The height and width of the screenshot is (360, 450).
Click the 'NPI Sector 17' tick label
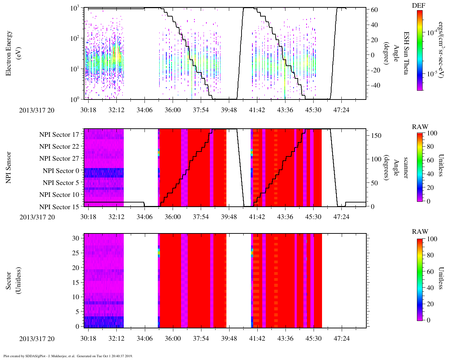pyautogui.click(x=59, y=134)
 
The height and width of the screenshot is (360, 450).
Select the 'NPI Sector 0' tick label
pyautogui.click(x=61, y=171)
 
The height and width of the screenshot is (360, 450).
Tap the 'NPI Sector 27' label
pyautogui.click(x=59, y=159)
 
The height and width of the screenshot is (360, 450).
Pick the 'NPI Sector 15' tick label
pyautogui.click(x=59, y=207)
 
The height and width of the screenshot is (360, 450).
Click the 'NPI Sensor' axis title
pyautogui.click(x=9, y=167)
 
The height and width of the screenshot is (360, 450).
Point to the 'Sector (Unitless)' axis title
pyautogui.click(x=13, y=281)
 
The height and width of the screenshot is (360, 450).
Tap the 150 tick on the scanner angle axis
pyautogui.click(x=377, y=135)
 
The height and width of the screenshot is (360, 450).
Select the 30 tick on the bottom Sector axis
pyautogui.click(x=76, y=238)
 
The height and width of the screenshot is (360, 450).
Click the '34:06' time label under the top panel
pyautogui.click(x=144, y=110)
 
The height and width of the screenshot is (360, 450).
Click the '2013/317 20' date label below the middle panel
pyautogui.click(x=37, y=217)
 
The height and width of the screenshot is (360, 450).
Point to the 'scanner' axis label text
pyautogui.click(x=406, y=167)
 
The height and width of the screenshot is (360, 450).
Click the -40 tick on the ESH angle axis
pyautogui.click(x=373, y=85)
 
